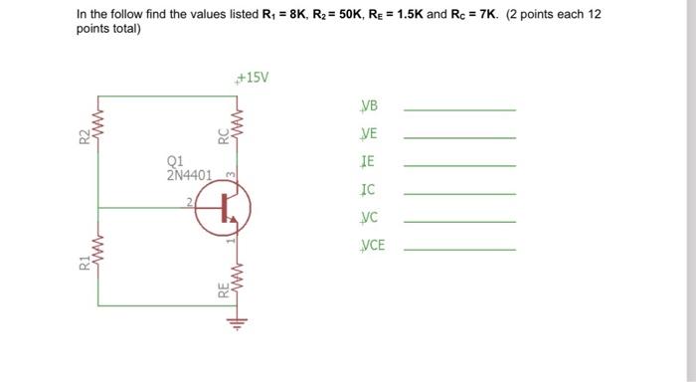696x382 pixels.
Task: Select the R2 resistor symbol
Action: [x=97, y=132]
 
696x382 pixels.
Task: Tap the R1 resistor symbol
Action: [x=97, y=259]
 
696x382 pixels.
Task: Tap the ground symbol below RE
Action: [x=236, y=320]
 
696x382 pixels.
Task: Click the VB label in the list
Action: [x=370, y=106]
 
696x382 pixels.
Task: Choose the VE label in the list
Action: [x=370, y=134]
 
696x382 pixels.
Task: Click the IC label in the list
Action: [x=369, y=189]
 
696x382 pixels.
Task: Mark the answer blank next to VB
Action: [x=459, y=109]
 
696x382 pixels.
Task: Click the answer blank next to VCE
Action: [x=459, y=249]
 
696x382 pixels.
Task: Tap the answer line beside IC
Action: [x=459, y=193]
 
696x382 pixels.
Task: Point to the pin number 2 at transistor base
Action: [x=185, y=201]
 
